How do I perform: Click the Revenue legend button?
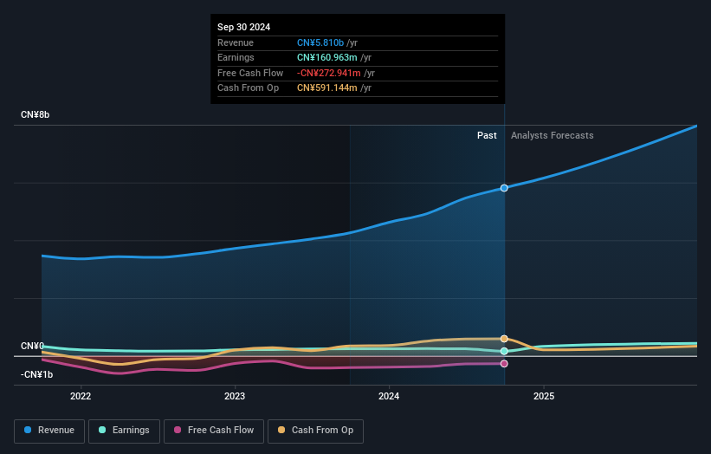point(49,430)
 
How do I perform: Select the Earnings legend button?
point(124,430)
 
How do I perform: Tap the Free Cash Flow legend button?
point(213,430)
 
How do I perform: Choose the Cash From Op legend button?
point(315,430)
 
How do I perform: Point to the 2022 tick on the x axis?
point(81,397)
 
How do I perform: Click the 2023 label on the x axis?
point(235,397)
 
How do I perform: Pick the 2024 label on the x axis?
point(389,397)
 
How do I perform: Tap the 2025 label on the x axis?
point(544,397)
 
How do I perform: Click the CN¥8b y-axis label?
point(36,115)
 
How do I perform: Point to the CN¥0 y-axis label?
point(32,347)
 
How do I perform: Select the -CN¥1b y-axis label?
point(36,374)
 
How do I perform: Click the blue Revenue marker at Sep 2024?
point(504,188)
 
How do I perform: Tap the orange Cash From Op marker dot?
point(504,339)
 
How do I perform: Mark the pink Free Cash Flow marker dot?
point(504,364)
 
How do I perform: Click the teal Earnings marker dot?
point(504,351)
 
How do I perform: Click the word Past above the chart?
point(487,135)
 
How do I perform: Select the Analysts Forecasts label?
point(553,135)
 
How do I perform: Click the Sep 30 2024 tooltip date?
point(243,27)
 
